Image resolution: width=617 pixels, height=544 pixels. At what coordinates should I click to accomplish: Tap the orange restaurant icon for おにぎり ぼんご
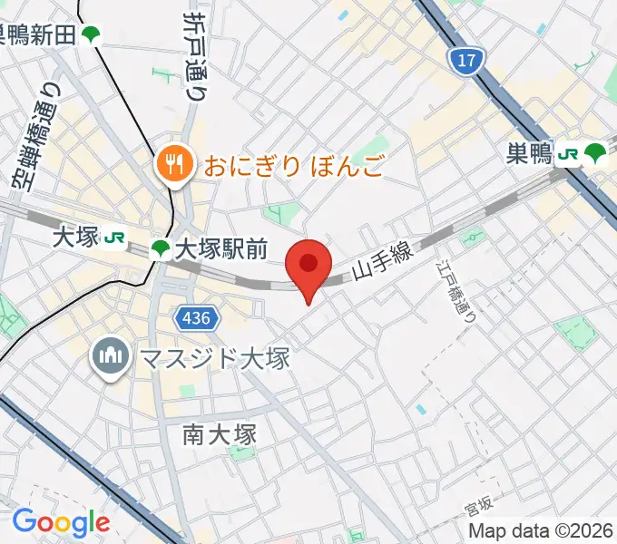tap(171, 164)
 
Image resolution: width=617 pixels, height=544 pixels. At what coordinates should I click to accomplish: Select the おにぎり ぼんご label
tap(294, 165)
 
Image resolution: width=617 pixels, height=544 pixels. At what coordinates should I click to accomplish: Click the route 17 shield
tap(463, 60)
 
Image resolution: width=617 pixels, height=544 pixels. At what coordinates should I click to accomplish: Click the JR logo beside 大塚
tap(114, 238)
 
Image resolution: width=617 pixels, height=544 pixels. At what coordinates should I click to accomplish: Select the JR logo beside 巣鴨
tap(569, 154)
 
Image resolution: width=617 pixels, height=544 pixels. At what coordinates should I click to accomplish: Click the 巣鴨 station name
tap(529, 155)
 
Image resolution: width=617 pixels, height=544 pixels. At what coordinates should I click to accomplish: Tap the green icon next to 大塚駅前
tap(160, 248)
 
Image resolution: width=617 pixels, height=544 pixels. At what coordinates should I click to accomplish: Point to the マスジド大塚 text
tap(213, 358)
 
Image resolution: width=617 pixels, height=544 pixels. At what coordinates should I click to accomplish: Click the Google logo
tap(60, 522)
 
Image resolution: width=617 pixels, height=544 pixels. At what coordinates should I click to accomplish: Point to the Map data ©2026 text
tap(541, 530)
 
